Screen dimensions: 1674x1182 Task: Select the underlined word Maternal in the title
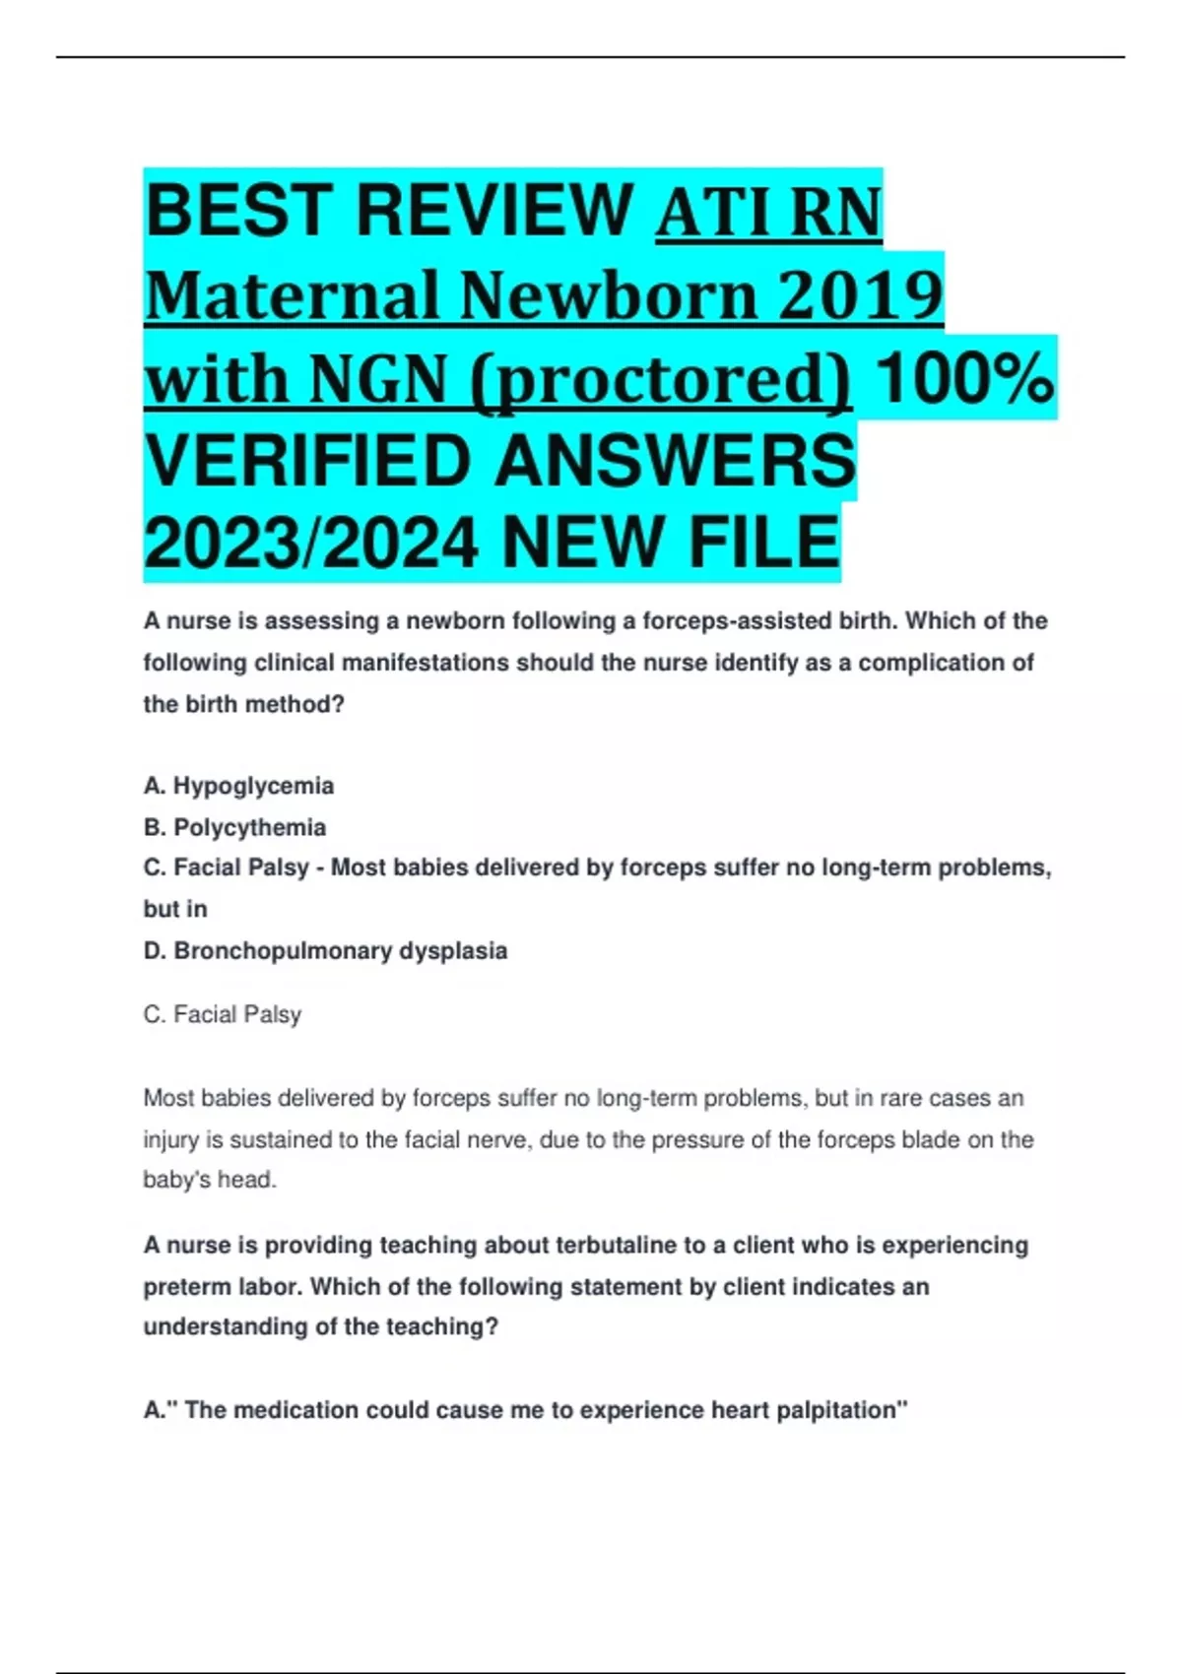tap(292, 294)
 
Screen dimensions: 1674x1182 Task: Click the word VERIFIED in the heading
tap(308, 461)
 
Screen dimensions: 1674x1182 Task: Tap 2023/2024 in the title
tap(312, 544)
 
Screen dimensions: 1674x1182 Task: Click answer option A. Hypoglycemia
tap(238, 786)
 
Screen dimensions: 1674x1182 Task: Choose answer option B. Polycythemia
tap(234, 827)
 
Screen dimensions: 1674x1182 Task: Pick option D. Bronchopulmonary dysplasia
tap(325, 951)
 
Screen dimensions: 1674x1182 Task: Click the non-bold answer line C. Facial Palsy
tap(223, 1014)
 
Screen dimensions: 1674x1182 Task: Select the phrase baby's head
tap(209, 1180)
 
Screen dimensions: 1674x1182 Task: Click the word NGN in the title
tap(379, 379)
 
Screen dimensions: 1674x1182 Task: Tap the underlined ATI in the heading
tap(711, 213)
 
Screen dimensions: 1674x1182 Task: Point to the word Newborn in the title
tap(609, 294)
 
